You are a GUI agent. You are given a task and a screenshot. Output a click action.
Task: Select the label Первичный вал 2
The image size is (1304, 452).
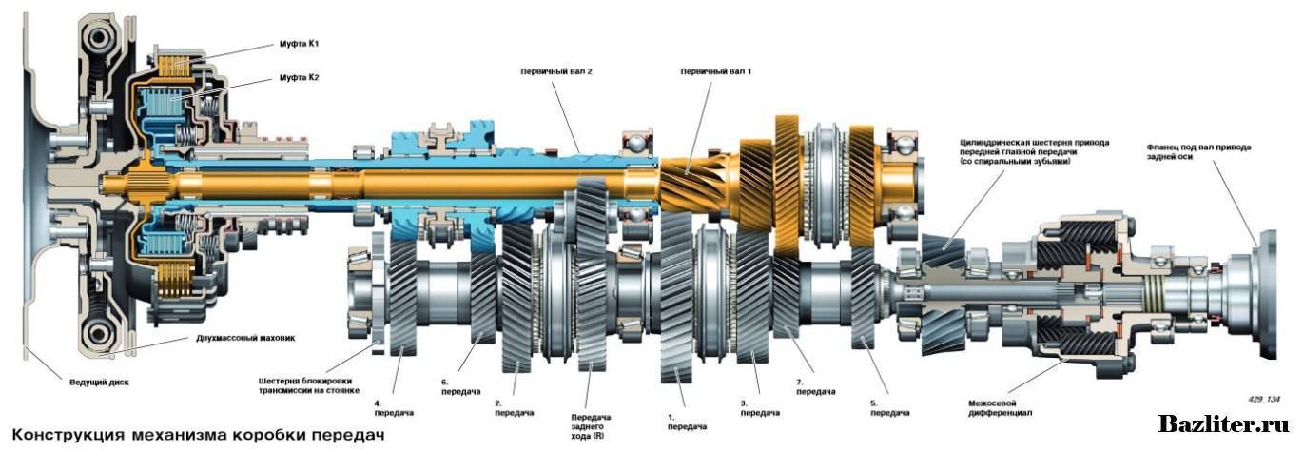(550, 71)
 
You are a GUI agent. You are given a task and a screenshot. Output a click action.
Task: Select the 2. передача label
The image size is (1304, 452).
(514, 407)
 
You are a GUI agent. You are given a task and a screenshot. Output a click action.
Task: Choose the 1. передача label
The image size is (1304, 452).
(686, 422)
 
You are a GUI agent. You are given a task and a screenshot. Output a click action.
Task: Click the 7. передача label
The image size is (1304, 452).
(816, 386)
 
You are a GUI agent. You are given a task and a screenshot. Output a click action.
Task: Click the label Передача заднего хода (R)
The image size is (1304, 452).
(590, 425)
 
